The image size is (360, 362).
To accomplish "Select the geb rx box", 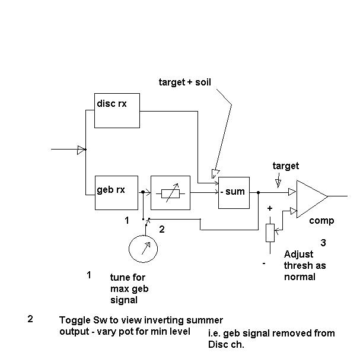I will (x=116, y=192).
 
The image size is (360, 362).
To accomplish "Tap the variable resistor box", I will (x=170, y=192).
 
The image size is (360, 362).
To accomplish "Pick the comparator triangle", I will (x=311, y=195).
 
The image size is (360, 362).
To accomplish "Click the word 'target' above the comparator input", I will (x=285, y=166).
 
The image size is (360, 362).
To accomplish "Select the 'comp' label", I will (x=321, y=221).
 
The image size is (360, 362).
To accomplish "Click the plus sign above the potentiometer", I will (x=270, y=208).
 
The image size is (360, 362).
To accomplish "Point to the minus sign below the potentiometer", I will (x=264, y=263).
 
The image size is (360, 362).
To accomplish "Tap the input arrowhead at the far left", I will (x=81, y=150).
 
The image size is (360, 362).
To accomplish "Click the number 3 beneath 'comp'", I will (x=323, y=243).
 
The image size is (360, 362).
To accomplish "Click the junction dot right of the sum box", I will (x=258, y=192).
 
